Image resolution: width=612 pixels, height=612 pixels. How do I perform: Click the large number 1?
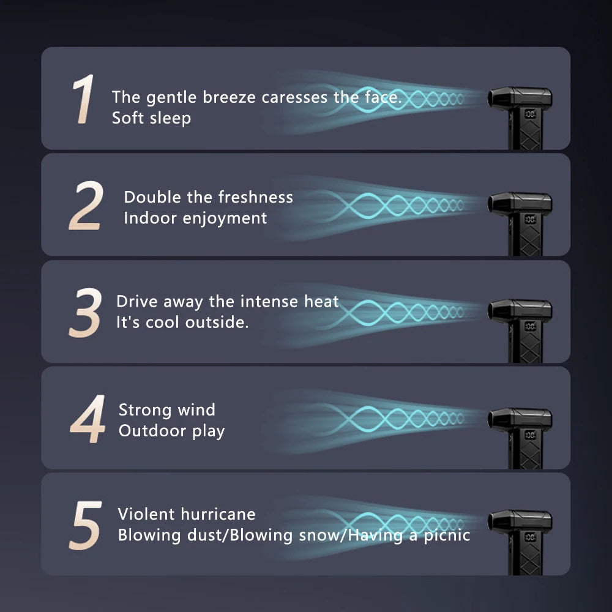(83, 99)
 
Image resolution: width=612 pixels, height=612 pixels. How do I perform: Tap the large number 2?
(86, 205)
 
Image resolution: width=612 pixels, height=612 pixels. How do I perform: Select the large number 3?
(85, 312)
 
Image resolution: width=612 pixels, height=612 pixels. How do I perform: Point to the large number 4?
(88, 419)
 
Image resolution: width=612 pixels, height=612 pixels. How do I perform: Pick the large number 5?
(86, 525)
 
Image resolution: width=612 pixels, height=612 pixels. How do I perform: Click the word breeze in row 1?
(229, 97)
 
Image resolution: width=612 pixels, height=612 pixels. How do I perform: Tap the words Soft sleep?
(151, 118)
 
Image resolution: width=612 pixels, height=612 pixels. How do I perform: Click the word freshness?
(256, 197)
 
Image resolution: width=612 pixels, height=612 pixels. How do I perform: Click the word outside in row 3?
(217, 323)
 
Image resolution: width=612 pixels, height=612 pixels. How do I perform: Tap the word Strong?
(145, 411)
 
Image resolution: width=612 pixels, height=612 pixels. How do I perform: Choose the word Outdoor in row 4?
(152, 431)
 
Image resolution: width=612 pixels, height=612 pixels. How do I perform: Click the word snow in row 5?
(318, 535)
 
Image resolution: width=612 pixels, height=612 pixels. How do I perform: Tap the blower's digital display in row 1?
(531, 114)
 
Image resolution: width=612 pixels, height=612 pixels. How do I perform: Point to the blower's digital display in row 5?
(531, 537)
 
